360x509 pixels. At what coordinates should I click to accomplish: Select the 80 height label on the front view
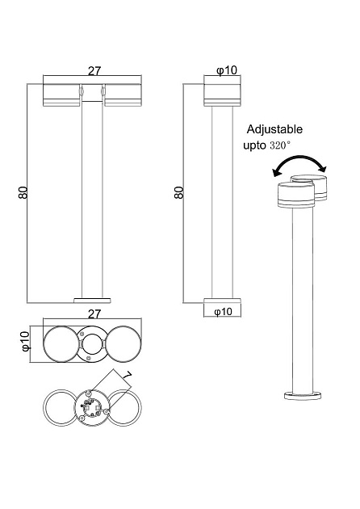click(x=23, y=193)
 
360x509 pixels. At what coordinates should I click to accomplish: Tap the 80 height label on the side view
click(x=179, y=193)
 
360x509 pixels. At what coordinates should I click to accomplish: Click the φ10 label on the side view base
click(x=224, y=311)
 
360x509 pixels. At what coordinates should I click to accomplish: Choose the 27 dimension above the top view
click(x=92, y=313)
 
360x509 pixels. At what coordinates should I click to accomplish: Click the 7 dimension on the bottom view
click(x=126, y=377)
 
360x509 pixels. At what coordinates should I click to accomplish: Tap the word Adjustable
click(x=274, y=129)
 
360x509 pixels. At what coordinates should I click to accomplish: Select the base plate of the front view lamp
click(x=92, y=298)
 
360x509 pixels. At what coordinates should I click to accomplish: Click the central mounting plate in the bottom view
click(x=92, y=406)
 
